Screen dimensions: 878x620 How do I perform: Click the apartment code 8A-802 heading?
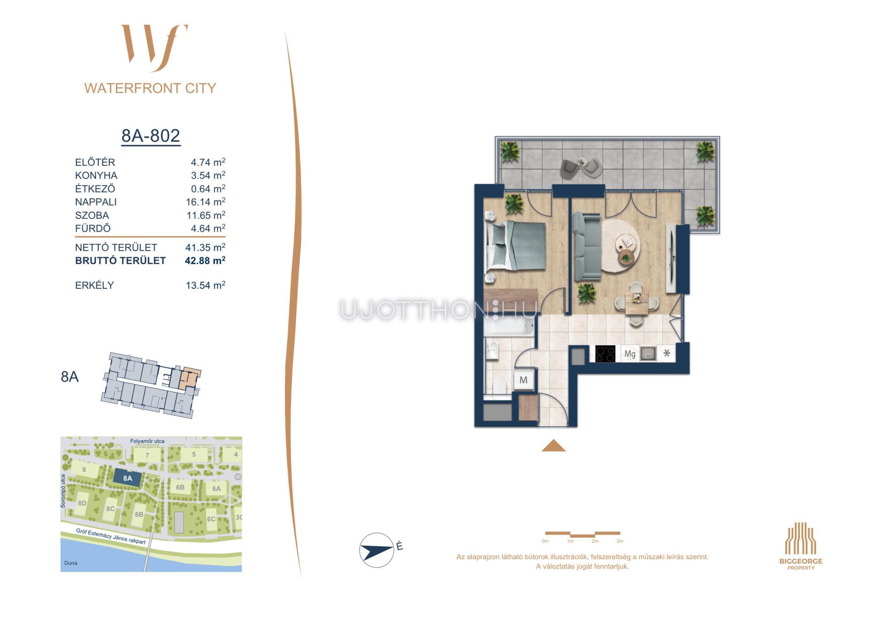click(150, 136)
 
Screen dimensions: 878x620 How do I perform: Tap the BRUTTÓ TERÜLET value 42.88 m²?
click(205, 260)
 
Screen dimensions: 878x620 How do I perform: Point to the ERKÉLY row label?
click(94, 285)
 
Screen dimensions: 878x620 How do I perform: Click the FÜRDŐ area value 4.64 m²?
click(208, 228)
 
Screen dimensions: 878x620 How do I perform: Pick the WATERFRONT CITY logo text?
click(150, 88)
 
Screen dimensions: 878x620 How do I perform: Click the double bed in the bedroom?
click(516, 245)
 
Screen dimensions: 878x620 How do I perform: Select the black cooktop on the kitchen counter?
click(605, 354)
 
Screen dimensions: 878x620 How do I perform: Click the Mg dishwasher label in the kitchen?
click(630, 354)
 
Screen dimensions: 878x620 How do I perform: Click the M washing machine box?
click(524, 380)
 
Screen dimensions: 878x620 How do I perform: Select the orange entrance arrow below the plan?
click(553, 445)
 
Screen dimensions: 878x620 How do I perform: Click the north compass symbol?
click(377, 550)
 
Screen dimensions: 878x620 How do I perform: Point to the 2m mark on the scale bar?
click(594, 541)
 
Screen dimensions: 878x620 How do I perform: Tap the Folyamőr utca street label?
click(147, 441)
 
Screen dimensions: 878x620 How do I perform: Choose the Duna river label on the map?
click(71, 563)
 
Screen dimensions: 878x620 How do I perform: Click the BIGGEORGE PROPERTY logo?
click(801, 546)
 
